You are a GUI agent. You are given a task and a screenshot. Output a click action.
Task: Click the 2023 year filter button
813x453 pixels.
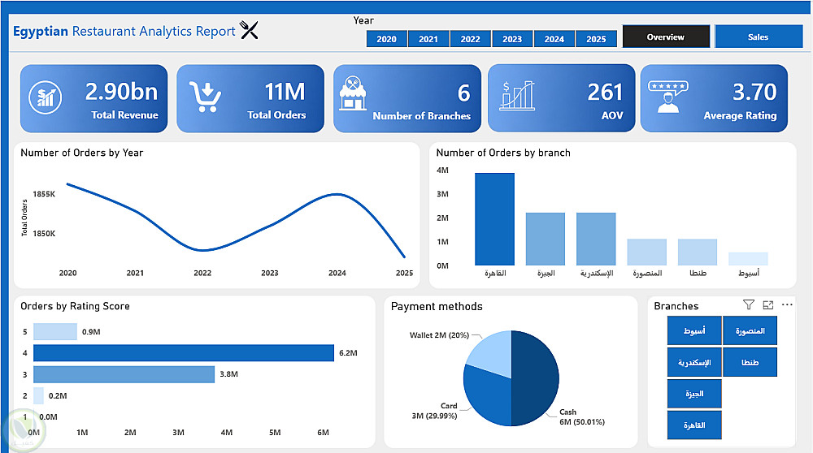click(x=512, y=39)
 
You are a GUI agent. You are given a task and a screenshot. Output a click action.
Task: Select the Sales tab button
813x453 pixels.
click(x=759, y=37)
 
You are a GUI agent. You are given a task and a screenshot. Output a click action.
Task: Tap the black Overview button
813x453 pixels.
click(x=666, y=37)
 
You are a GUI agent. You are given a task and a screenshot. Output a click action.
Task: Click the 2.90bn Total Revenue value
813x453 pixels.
click(x=122, y=91)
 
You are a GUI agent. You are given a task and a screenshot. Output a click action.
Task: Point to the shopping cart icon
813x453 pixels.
click(x=205, y=97)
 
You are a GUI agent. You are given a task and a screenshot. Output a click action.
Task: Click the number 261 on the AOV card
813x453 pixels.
click(x=605, y=92)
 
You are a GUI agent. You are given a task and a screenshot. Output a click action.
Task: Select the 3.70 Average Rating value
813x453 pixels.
click(x=754, y=92)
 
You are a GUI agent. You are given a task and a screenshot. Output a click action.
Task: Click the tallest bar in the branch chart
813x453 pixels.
click(x=494, y=219)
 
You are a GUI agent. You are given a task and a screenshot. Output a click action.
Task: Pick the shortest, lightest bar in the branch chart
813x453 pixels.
click(x=748, y=258)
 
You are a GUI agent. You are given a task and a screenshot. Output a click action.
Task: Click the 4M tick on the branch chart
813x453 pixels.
click(x=442, y=170)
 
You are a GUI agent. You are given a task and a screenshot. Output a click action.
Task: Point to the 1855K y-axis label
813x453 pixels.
click(x=44, y=195)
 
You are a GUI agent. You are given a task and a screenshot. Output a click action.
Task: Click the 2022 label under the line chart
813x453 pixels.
click(x=202, y=274)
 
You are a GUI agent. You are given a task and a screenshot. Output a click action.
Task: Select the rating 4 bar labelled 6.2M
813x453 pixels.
click(x=184, y=353)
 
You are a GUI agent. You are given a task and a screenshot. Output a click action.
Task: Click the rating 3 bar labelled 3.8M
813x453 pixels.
click(x=124, y=374)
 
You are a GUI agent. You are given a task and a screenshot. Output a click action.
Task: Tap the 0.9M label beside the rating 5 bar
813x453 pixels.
click(x=91, y=332)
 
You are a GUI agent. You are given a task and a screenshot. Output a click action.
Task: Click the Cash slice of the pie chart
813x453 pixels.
click(x=537, y=373)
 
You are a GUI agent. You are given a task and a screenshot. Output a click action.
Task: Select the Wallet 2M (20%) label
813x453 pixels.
click(x=439, y=334)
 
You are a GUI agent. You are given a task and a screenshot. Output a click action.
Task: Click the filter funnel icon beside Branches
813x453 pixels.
click(x=749, y=304)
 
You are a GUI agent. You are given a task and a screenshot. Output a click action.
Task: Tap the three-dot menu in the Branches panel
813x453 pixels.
click(x=787, y=304)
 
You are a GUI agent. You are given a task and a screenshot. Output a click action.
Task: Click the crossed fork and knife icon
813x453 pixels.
click(x=250, y=31)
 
